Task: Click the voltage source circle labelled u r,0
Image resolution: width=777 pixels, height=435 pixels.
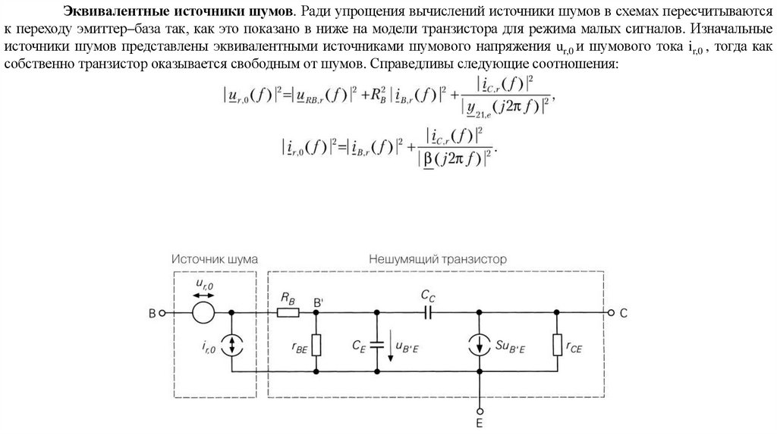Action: point(202,312)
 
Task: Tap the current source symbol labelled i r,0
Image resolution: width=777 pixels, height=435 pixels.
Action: point(231,346)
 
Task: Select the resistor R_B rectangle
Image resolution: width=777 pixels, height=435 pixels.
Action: point(288,312)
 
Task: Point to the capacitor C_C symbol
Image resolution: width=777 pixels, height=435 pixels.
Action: point(429,312)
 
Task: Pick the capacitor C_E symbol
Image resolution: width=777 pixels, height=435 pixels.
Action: point(376,345)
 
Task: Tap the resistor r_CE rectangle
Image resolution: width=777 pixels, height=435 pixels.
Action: point(557,345)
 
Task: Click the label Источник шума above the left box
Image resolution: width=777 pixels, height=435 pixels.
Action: point(214,258)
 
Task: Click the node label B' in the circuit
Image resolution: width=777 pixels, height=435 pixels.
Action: point(319,301)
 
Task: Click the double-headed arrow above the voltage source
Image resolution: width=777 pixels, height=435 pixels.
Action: point(203,293)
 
